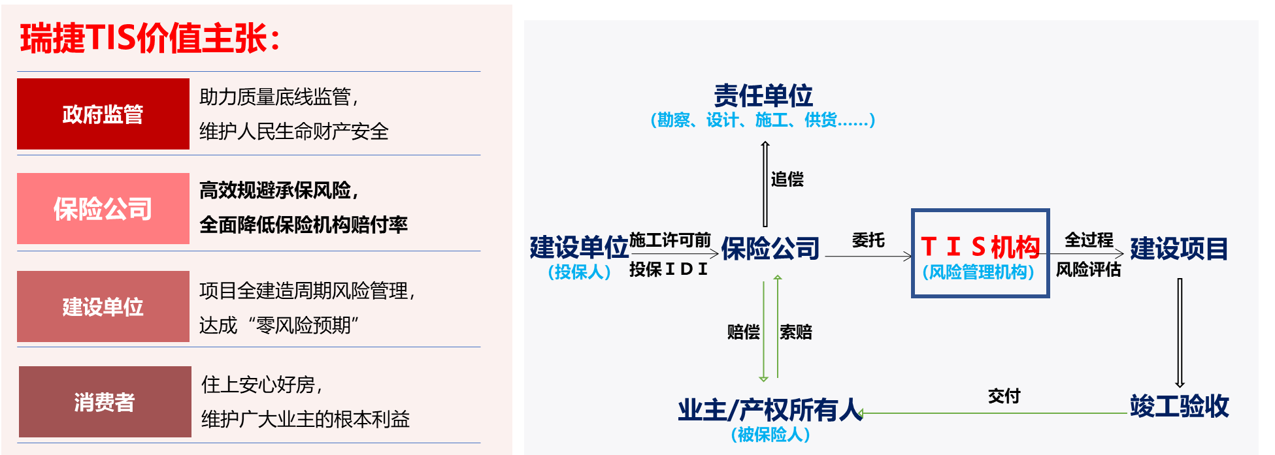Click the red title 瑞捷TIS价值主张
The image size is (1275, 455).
point(150,39)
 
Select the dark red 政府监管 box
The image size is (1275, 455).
point(103,114)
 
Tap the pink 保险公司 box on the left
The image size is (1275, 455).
point(103,209)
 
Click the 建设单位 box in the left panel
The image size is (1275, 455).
point(103,307)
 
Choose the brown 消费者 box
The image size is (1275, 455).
point(105,402)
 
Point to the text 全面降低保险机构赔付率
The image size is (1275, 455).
point(303,225)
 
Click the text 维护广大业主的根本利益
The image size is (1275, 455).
point(305,419)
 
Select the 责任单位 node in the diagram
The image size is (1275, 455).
point(763,96)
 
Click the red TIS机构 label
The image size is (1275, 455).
point(980,247)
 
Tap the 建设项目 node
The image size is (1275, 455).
point(1179,249)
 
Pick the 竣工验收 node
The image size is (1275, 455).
point(1179,406)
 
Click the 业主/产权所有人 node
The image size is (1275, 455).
point(770,410)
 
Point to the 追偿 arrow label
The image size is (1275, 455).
point(787,180)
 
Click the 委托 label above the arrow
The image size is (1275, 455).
point(869,240)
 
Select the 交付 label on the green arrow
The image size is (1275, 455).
point(1004,396)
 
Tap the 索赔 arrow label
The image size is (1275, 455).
point(795,332)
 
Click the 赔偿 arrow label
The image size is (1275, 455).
point(743,332)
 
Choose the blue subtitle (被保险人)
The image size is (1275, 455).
point(770,435)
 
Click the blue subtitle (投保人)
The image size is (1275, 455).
point(579,272)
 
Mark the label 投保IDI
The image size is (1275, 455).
point(669,269)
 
